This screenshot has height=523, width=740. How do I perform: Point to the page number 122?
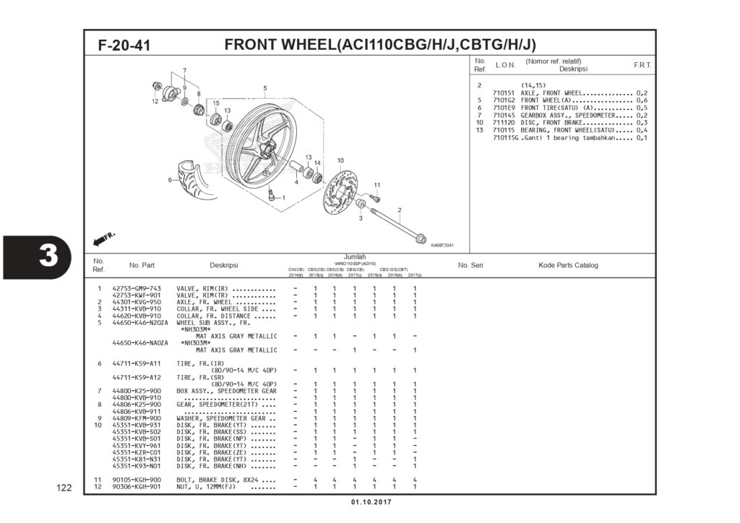(x=64, y=488)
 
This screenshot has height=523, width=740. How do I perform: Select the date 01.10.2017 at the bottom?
(x=371, y=502)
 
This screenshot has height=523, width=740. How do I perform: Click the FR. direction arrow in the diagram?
(x=104, y=238)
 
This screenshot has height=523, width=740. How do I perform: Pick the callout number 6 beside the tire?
(x=170, y=180)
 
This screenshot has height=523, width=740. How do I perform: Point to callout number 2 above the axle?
(x=399, y=210)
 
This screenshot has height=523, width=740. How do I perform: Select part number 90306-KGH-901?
(x=137, y=487)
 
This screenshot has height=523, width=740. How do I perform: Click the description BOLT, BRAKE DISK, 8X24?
(x=225, y=480)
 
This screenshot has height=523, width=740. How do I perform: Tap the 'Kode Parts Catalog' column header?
(x=568, y=265)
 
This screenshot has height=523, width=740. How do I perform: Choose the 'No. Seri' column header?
(x=470, y=265)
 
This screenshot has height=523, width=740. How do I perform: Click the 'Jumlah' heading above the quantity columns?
(x=354, y=256)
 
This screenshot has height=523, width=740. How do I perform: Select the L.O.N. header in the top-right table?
(x=505, y=66)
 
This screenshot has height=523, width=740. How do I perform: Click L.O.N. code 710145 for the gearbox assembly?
(x=504, y=115)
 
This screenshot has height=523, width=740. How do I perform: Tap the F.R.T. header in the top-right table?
(x=642, y=66)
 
